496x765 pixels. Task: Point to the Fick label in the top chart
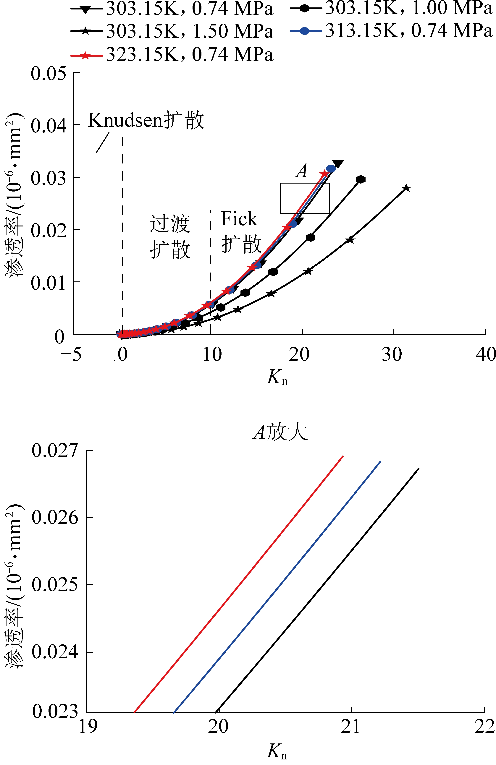[x=239, y=219]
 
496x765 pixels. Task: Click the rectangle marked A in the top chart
[x=304, y=198]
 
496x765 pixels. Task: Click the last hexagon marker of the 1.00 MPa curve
[x=361, y=179]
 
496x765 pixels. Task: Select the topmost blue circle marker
[x=330, y=168]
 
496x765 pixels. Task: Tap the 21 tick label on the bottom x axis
[x=351, y=726]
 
